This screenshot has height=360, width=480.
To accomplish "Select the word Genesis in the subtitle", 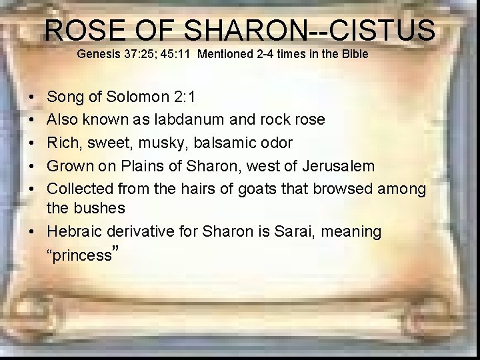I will (x=97, y=53).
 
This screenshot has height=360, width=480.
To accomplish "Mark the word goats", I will (x=252, y=189).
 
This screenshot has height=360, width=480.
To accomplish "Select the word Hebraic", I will (x=74, y=232).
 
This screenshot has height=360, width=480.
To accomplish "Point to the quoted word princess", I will (x=81, y=255).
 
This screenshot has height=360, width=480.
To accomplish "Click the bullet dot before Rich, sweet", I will (x=33, y=143).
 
